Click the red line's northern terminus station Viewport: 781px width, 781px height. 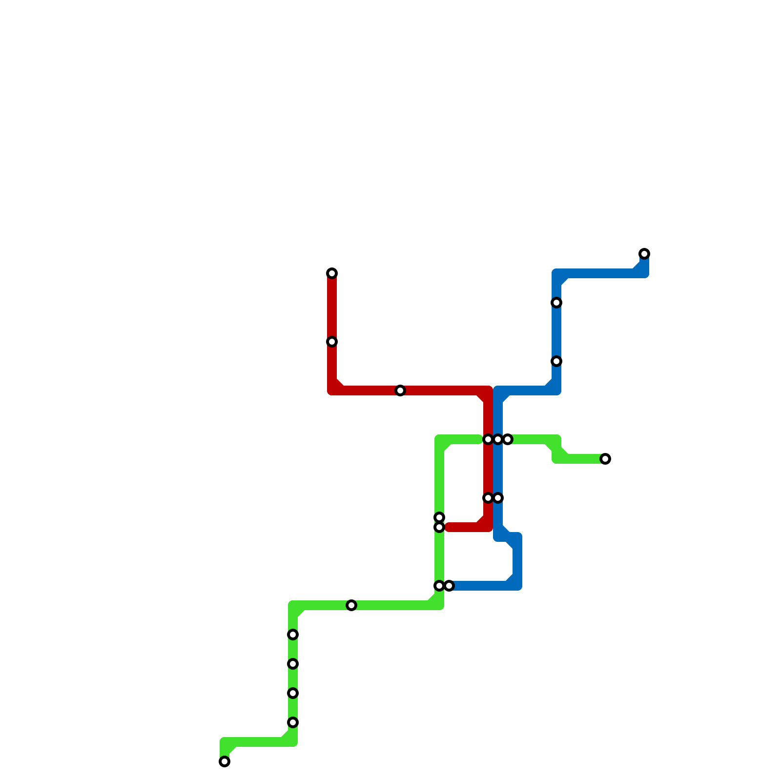pos(332,273)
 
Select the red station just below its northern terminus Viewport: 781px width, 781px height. pos(332,342)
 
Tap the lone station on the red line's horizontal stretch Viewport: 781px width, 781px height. pos(400,390)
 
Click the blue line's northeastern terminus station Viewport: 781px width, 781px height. pos(644,254)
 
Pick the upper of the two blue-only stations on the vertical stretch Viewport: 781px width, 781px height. pos(556,303)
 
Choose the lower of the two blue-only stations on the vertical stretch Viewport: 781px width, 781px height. pos(556,361)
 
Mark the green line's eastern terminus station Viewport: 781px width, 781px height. pos(605,459)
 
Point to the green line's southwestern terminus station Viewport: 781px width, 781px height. pos(225,761)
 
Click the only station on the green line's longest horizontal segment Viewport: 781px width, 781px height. pos(351,605)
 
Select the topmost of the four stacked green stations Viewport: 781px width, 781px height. pos(293,635)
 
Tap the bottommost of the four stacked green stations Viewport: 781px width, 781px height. pos(293,722)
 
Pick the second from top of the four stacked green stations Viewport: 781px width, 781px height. pos(293,664)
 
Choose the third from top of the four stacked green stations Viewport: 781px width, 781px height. pos(293,693)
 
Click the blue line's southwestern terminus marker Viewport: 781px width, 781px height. pos(449,586)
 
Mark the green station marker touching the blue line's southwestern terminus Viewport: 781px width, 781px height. pos(439,586)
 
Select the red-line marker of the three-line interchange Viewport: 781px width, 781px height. pos(488,440)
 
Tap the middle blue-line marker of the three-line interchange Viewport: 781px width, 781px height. pos(498,440)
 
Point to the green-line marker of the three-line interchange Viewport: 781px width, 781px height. pos(508,440)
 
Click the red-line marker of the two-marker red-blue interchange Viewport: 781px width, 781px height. pos(488,498)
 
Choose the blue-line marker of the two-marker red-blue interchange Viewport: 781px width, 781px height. pos(498,498)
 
